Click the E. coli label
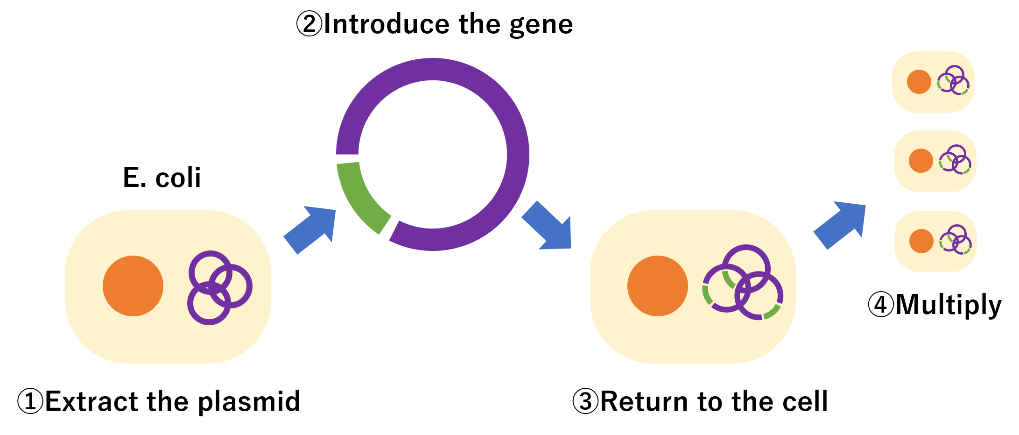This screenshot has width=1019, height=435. click(162, 178)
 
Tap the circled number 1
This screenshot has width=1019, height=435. click(30, 401)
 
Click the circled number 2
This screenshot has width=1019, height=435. click(309, 24)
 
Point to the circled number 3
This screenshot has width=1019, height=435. click(585, 401)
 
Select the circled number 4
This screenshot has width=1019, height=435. click(881, 305)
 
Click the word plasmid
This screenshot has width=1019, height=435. click(249, 402)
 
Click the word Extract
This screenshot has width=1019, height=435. click(91, 401)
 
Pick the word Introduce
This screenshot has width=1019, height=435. click(387, 24)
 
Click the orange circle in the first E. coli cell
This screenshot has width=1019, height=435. click(133, 286)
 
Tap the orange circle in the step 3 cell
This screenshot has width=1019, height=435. click(658, 286)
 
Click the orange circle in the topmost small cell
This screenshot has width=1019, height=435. click(919, 82)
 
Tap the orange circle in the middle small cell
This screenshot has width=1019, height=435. click(921, 161)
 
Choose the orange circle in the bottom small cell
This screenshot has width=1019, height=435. click(921, 241)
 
